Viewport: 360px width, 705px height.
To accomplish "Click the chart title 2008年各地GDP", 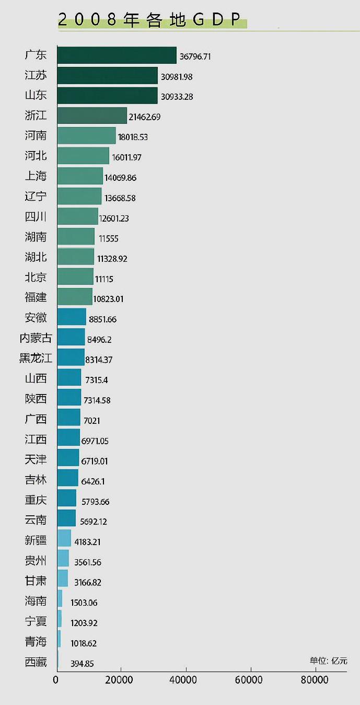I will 152,20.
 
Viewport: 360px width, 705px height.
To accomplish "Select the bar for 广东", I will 117,55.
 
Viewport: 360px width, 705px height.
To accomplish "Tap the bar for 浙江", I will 92,115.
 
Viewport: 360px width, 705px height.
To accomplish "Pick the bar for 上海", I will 80,176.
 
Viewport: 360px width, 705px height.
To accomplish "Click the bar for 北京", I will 75,276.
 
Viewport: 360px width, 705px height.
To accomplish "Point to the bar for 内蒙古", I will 71,337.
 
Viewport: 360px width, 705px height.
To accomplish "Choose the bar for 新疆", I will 64,538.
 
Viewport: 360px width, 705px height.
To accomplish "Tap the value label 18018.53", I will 133,137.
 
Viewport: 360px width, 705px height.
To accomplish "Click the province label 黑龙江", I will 36,358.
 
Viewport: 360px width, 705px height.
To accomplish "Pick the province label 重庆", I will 36,500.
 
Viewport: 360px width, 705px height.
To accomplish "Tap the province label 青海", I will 36,641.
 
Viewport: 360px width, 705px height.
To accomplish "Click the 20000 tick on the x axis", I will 121,680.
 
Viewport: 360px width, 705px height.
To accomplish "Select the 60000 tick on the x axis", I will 250,680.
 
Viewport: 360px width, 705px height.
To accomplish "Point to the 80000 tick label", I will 315,680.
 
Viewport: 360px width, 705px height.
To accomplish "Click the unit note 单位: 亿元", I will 328,661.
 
